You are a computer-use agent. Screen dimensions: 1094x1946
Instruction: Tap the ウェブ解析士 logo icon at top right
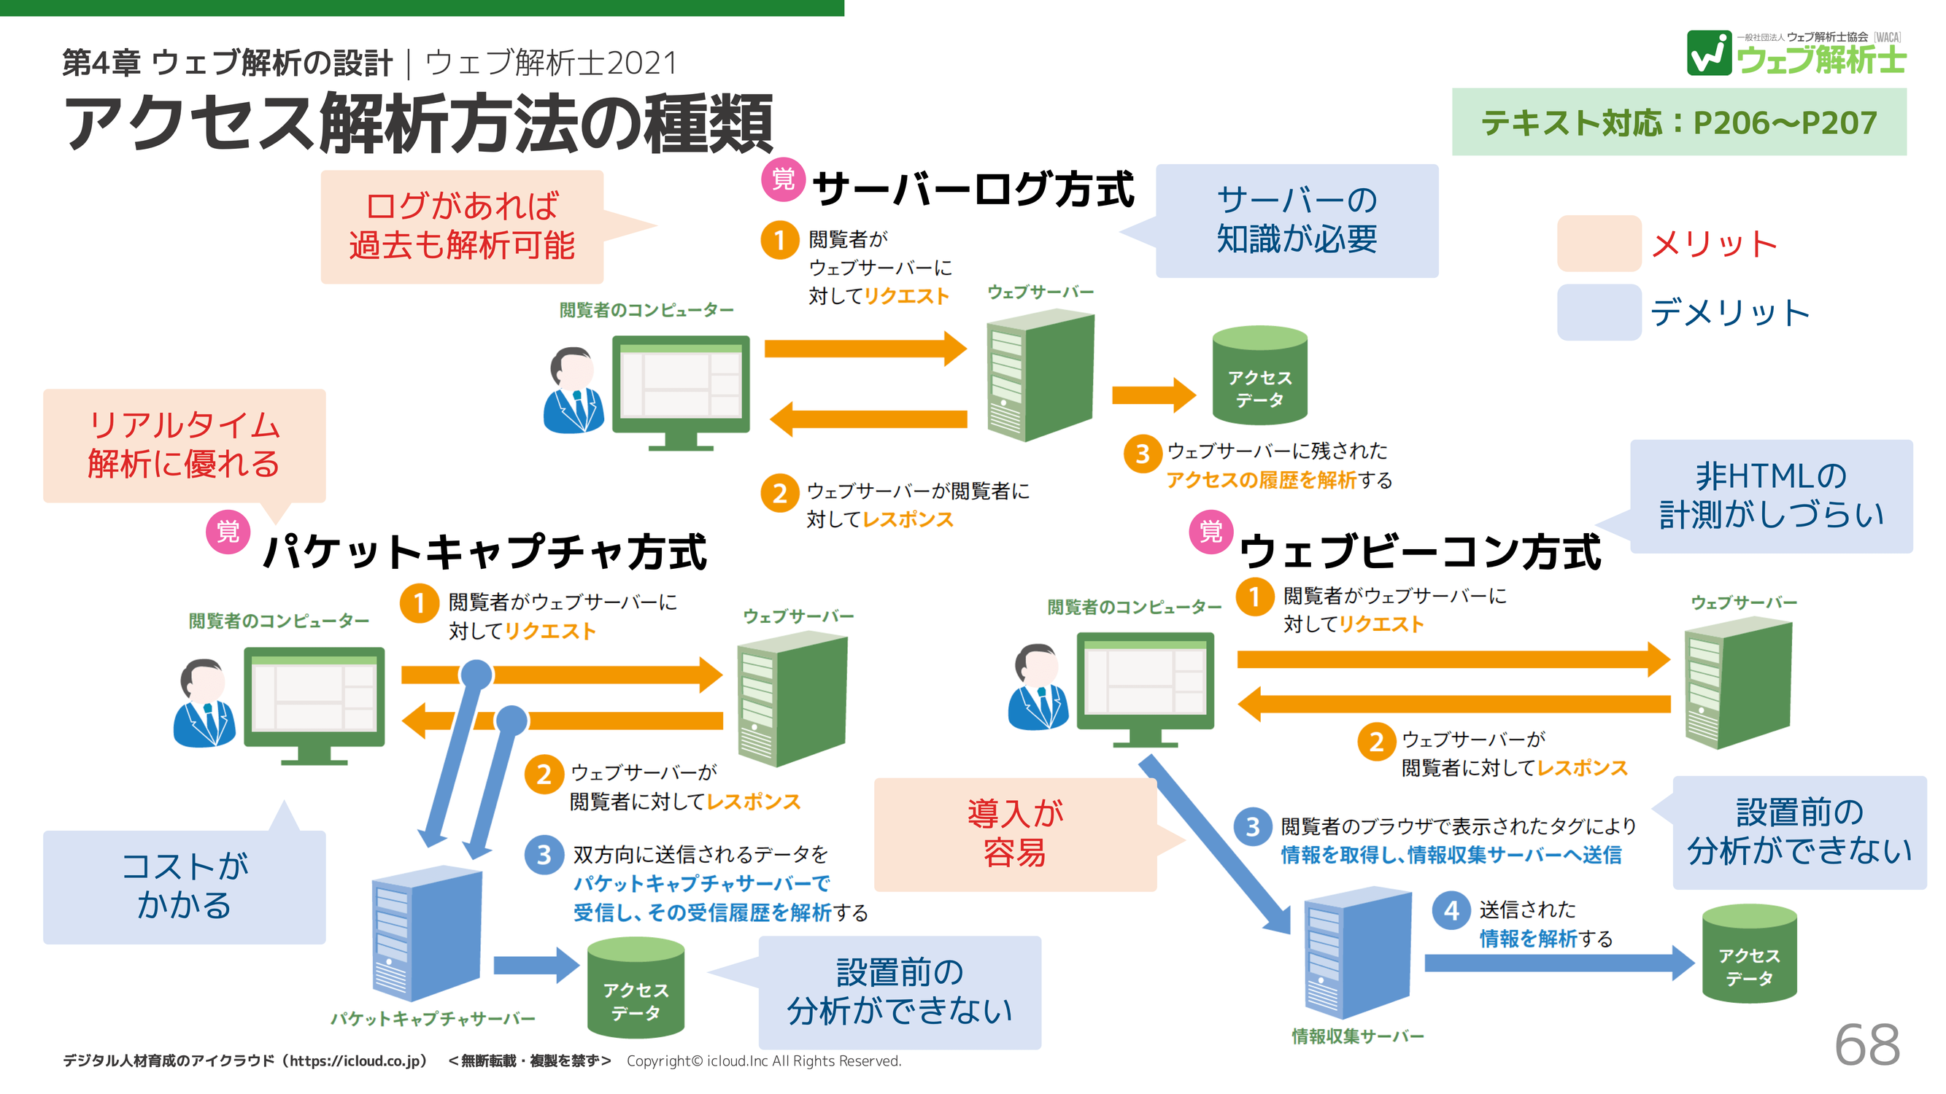click(x=1709, y=53)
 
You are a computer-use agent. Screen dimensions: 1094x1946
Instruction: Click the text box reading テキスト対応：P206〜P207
click(x=1677, y=123)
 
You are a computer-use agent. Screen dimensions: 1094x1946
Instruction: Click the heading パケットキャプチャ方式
click(x=484, y=551)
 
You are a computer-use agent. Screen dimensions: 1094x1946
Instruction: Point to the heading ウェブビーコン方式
click(x=1419, y=551)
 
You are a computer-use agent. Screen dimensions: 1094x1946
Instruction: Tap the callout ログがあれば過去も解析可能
click(x=462, y=227)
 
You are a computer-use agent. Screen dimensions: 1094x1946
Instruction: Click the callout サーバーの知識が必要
click(x=1297, y=220)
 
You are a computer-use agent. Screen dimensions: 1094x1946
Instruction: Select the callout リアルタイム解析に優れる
click(x=185, y=446)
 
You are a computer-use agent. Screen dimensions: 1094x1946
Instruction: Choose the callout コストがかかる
click(x=185, y=886)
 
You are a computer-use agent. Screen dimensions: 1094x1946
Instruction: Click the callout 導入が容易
click(x=1014, y=834)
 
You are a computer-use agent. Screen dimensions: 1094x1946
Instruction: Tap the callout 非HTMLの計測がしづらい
click(x=1771, y=496)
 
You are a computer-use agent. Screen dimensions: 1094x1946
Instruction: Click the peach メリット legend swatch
click(x=1599, y=243)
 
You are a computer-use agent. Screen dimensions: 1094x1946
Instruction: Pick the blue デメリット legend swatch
click(x=1599, y=312)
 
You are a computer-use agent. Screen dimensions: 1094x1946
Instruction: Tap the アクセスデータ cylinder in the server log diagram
click(x=1259, y=375)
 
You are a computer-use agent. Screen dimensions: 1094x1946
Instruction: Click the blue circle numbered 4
click(x=1451, y=910)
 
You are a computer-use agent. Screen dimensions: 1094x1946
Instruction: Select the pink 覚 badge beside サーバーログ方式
click(x=783, y=179)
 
